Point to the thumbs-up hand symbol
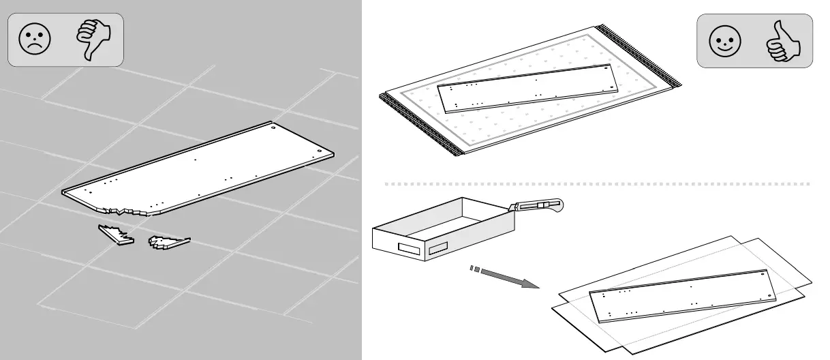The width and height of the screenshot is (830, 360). click(783, 42)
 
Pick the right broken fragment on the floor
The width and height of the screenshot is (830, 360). click(168, 241)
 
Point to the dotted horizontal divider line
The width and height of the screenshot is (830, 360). click(596, 184)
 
